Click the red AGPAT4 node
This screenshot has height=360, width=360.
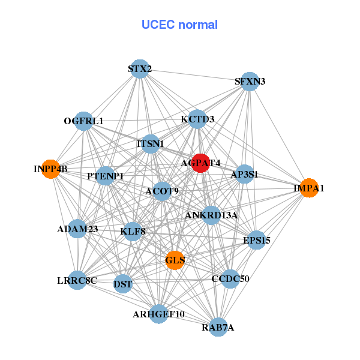[x=200, y=163]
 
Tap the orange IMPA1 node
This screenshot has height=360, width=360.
[x=308, y=188]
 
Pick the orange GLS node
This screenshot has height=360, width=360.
[x=175, y=260]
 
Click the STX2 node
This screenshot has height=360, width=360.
[x=139, y=69]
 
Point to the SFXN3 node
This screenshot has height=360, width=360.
[x=250, y=82]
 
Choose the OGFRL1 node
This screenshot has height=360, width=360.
[x=84, y=121]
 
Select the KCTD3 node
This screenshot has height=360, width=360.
[x=197, y=119]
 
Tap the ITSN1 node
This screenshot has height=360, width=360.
[x=151, y=144]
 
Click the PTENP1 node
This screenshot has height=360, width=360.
[x=106, y=176]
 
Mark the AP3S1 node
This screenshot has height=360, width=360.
[x=244, y=175]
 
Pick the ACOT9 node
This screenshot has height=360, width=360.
[x=162, y=191]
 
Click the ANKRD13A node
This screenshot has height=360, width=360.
[x=211, y=215]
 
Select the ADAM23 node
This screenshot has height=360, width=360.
[x=77, y=229]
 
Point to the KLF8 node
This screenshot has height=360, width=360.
[x=133, y=230]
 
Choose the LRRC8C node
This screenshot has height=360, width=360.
[x=77, y=280]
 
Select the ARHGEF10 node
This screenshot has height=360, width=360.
[x=158, y=314]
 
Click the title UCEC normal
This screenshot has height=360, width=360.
[x=179, y=25]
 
